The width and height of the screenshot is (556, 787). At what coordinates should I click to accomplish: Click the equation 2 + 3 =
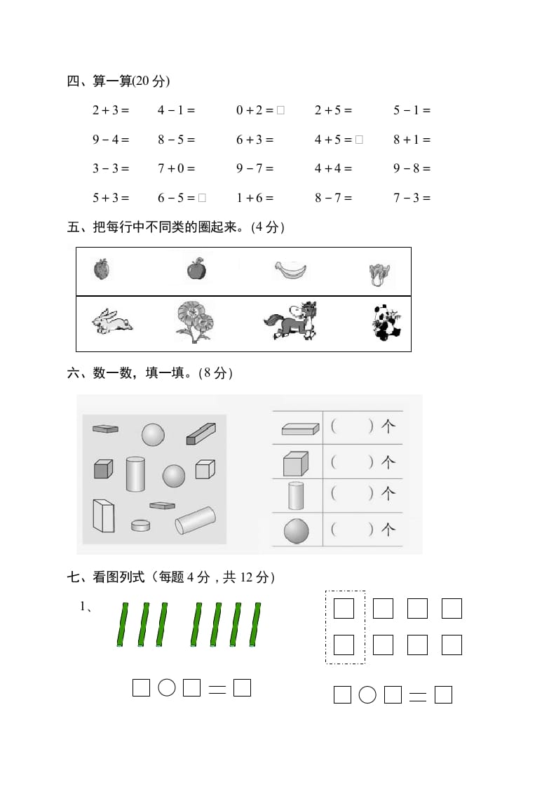point(111,110)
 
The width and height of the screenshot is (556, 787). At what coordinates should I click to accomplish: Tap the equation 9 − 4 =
point(111,140)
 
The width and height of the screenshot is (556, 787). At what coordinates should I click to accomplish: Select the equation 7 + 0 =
point(176,168)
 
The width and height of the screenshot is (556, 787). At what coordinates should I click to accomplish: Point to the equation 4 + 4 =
point(333,168)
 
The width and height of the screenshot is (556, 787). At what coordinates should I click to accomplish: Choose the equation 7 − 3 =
point(412,198)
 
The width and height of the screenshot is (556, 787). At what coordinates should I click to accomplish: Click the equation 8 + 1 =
point(412,140)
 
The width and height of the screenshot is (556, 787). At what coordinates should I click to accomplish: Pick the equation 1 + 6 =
point(255,198)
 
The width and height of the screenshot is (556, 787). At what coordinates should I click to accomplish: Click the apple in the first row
point(196,268)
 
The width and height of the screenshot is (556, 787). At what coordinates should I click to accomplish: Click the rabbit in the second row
point(112,322)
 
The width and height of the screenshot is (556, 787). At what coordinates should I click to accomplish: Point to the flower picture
point(194,322)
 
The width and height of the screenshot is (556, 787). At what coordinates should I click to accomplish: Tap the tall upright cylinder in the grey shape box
point(135,474)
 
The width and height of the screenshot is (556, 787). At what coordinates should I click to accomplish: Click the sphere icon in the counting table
point(297,531)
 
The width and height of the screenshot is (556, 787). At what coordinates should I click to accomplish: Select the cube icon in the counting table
point(295,464)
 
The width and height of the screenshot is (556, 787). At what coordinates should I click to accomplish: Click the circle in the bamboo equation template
point(166,688)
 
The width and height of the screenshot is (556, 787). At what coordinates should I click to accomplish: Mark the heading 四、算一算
point(118,81)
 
